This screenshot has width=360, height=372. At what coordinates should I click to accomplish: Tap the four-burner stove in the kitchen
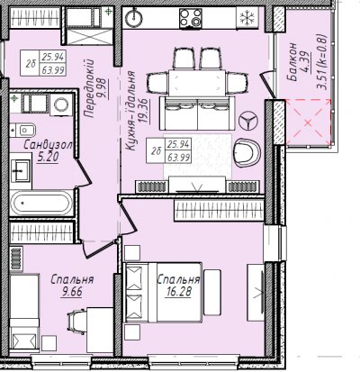point(191,18)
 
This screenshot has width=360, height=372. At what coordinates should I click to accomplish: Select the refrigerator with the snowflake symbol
point(247,18)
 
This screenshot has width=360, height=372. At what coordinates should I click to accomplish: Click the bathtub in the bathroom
point(41,203)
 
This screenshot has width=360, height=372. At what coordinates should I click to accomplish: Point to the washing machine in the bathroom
point(61,104)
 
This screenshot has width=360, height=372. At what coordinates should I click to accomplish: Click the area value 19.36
point(144,111)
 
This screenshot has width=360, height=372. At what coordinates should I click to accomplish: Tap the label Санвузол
point(48,145)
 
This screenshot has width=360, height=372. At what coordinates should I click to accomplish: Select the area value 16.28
point(178,292)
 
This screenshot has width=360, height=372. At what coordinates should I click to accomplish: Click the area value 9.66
point(72,292)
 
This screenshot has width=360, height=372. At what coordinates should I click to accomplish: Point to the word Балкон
point(292,62)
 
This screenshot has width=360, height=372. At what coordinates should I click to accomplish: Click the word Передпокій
point(90,88)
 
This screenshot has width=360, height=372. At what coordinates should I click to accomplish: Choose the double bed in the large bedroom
point(163,293)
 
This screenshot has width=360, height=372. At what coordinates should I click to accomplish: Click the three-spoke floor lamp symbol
point(248,121)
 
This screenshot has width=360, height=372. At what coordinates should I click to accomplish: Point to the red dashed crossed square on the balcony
point(309,122)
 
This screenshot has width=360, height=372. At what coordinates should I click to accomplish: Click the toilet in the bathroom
point(23,131)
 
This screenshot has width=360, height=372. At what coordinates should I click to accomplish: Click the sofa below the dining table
point(197,113)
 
